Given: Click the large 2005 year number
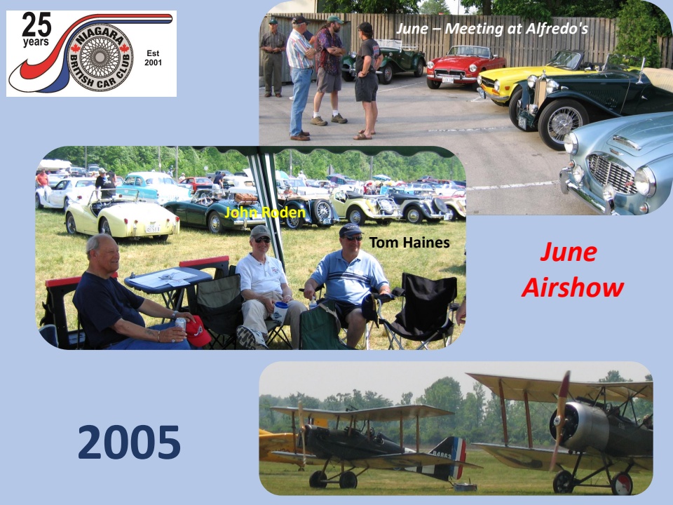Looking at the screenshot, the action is coord(129,442).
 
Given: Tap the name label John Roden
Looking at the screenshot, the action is coord(265,212).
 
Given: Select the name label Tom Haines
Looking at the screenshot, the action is coord(409,243).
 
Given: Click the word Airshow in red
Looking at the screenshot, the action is coord(573,288).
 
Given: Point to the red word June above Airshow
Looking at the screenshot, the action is coord(569,252).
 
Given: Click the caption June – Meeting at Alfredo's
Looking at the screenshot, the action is coord(492,28).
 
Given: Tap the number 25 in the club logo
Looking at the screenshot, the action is coord(36,25).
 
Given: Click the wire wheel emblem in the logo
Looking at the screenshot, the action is coord(100,57).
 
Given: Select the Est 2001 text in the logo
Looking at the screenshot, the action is coord(153,58).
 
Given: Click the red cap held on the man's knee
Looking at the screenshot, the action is coord(198,331).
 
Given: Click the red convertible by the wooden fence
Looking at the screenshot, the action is coord(465,65).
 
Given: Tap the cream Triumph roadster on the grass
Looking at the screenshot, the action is coord(122,219).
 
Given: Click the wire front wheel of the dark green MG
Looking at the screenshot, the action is coord(562,123).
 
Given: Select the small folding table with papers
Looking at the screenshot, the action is coord(168,283).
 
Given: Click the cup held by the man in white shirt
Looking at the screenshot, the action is coord(280,311).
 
